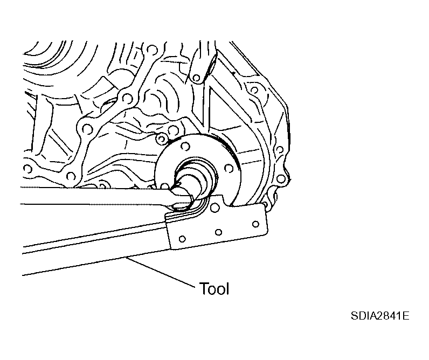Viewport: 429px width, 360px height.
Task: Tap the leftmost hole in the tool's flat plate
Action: (x=182, y=238)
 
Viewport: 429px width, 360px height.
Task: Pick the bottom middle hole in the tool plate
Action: (x=218, y=232)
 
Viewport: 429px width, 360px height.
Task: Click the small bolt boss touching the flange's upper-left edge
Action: (x=160, y=140)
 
